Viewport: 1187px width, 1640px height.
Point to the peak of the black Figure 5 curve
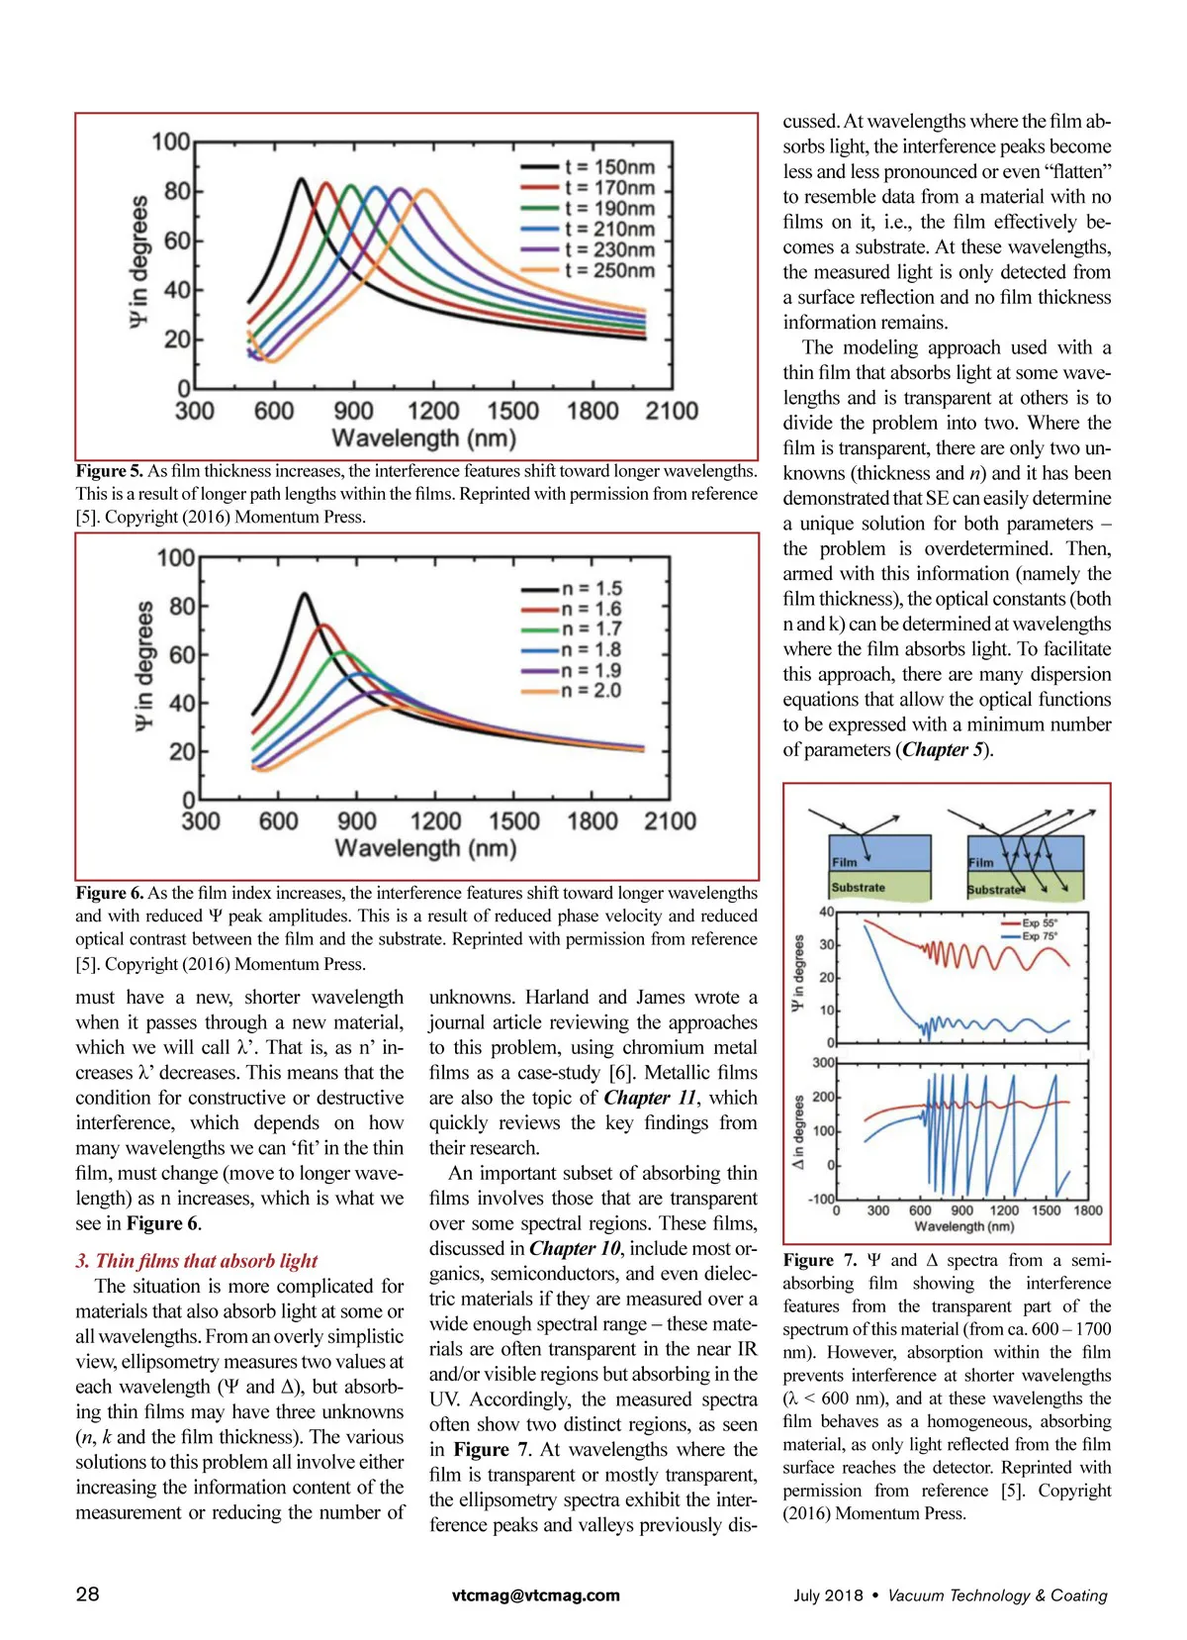[x=301, y=179]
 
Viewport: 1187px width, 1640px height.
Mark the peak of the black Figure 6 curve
[x=305, y=594]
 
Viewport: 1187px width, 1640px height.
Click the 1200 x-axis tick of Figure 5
[x=433, y=411]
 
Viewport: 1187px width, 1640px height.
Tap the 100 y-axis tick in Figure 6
[x=176, y=558]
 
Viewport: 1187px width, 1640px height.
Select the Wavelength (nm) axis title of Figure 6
[x=425, y=848]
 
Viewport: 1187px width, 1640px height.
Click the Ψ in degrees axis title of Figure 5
[x=139, y=261]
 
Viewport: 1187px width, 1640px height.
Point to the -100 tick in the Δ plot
[x=822, y=1200]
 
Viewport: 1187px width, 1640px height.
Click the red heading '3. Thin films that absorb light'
[x=196, y=1261]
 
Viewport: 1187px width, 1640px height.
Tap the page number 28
[x=87, y=1593]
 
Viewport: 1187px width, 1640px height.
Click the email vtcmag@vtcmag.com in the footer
[x=536, y=1594]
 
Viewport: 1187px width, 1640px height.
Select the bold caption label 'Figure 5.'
[x=109, y=471]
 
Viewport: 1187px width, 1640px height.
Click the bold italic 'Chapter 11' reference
[x=652, y=1098]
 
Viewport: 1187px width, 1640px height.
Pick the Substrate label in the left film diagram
[x=858, y=888]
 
